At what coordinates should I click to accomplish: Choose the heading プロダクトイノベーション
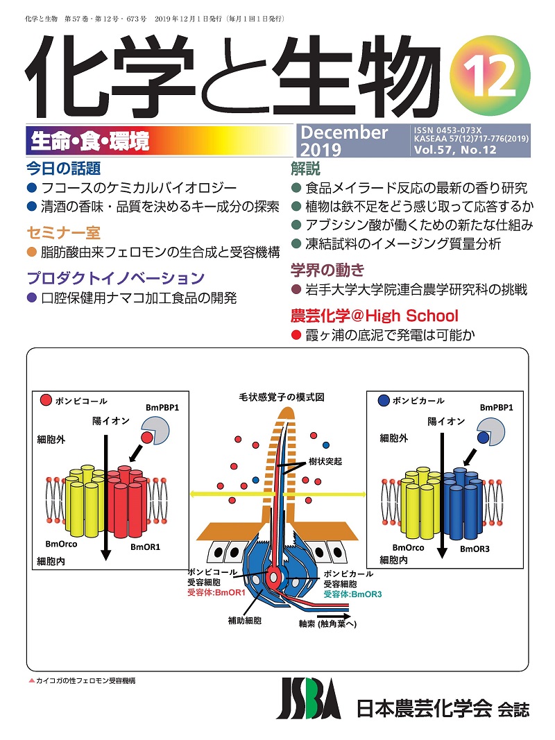click(115, 279)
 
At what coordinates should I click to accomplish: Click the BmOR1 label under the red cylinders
click(146, 547)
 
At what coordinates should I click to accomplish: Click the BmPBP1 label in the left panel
click(162, 407)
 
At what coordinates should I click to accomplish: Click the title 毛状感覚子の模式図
click(282, 398)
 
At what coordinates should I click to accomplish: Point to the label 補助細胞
click(245, 619)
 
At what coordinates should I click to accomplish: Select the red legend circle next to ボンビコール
click(46, 400)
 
